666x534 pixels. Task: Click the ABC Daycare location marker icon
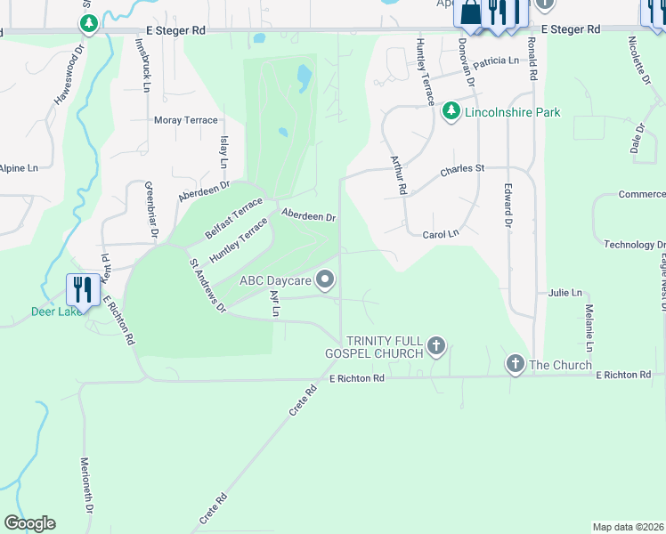[326, 280]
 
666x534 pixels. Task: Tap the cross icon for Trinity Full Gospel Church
[435, 345]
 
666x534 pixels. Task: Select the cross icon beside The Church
[515, 363]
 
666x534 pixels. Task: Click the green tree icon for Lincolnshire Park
[451, 111]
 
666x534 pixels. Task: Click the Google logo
[29, 523]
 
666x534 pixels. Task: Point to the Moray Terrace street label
[186, 120]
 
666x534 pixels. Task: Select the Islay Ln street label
[223, 152]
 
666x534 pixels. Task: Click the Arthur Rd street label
[398, 174]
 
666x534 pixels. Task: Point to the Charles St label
[461, 168]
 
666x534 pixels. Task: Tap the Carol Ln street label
[440, 234]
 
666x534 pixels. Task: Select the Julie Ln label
[564, 292]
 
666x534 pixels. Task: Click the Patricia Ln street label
[495, 61]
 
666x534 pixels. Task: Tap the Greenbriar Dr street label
[151, 211]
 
